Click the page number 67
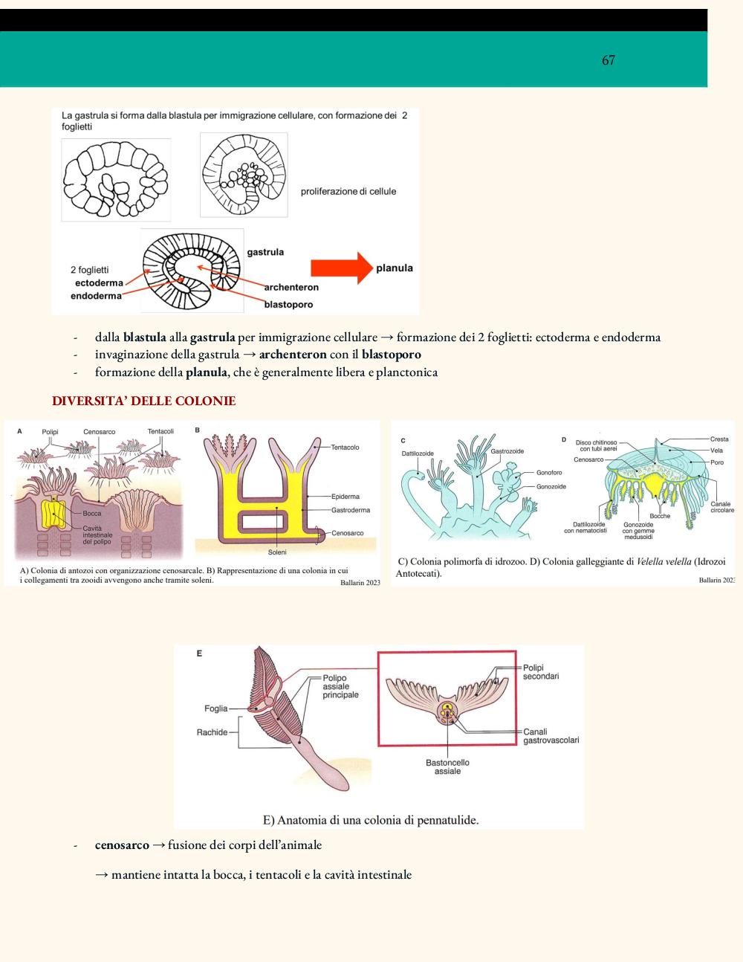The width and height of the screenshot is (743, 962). point(608,60)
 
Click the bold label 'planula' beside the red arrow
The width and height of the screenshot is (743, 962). point(395,268)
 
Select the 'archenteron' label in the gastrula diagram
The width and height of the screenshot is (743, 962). point(291,287)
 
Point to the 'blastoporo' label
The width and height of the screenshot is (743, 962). point(288,305)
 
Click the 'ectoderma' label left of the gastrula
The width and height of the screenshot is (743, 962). point(99,283)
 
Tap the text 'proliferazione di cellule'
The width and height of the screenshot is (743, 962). point(348,192)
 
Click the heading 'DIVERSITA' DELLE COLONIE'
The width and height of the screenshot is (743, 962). point(143,401)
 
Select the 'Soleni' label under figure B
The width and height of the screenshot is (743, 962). point(277,552)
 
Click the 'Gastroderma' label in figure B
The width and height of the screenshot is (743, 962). point(351,510)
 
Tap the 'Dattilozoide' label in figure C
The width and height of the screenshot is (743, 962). point(418,453)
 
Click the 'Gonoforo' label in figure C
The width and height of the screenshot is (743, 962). point(549,472)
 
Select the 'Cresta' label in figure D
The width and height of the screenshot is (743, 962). point(719,439)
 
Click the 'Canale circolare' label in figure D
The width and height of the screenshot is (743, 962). point(722,507)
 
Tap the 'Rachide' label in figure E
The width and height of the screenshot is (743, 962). point(212,732)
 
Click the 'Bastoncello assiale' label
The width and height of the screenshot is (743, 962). point(447,766)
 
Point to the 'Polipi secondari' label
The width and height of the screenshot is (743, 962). point(541,671)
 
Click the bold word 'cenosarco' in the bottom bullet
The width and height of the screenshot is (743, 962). point(122,845)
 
